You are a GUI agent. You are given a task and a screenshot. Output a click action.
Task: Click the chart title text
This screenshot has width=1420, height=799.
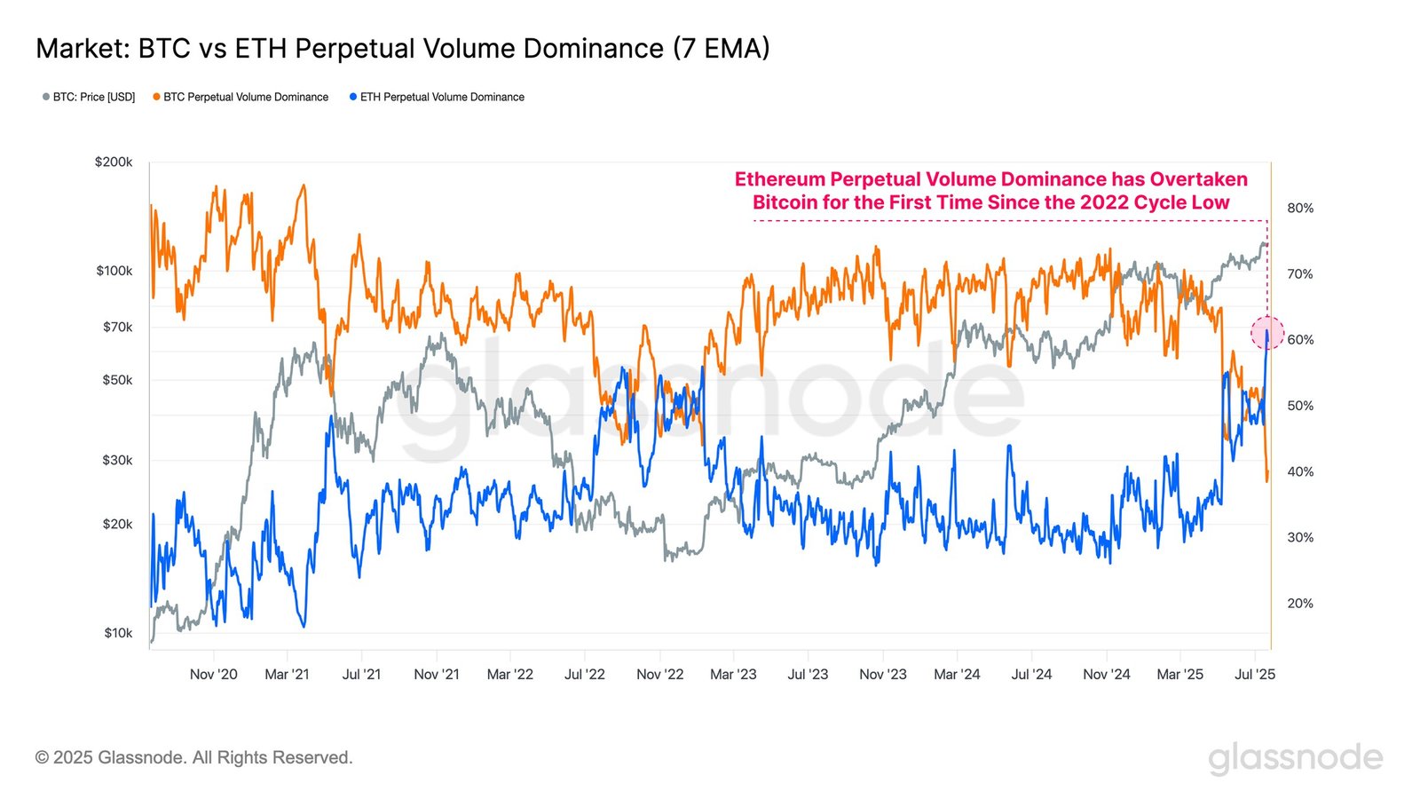point(402,48)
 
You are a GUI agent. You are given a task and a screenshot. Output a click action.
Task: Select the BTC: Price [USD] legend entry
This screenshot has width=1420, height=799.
point(89,97)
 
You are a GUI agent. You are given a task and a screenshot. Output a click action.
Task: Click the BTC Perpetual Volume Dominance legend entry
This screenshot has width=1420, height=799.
point(241,97)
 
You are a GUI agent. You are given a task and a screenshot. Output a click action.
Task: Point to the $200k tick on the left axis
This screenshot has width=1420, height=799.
point(114,162)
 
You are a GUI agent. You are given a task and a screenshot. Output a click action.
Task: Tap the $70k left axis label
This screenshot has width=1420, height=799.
point(117,327)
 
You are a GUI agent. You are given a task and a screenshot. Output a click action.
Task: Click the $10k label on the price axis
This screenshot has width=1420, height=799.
point(118,633)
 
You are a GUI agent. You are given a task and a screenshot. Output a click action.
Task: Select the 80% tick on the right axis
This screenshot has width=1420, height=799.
point(1300,208)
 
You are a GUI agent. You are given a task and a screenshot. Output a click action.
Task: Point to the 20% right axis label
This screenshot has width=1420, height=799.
point(1300,603)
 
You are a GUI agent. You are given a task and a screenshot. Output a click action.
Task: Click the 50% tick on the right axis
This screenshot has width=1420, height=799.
point(1300,406)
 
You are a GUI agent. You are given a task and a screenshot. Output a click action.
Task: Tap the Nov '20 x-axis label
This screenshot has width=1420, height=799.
point(214,674)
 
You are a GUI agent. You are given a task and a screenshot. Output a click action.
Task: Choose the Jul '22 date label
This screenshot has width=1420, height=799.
point(585,674)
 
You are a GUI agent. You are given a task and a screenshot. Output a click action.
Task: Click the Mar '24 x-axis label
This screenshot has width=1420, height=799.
point(957,674)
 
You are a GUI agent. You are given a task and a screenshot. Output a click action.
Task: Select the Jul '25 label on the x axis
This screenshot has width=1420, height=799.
point(1254,674)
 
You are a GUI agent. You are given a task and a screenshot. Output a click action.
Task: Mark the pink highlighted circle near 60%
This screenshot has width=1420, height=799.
point(1267,333)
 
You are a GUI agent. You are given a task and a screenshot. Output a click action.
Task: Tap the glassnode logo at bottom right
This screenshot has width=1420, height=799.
point(1295,757)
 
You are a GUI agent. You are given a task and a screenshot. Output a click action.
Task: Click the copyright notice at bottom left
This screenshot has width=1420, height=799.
point(194,757)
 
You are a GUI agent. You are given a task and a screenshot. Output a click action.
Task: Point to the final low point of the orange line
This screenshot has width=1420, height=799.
point(1267,481)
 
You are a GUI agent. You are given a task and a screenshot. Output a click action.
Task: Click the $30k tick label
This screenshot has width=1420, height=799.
point(117,460)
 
